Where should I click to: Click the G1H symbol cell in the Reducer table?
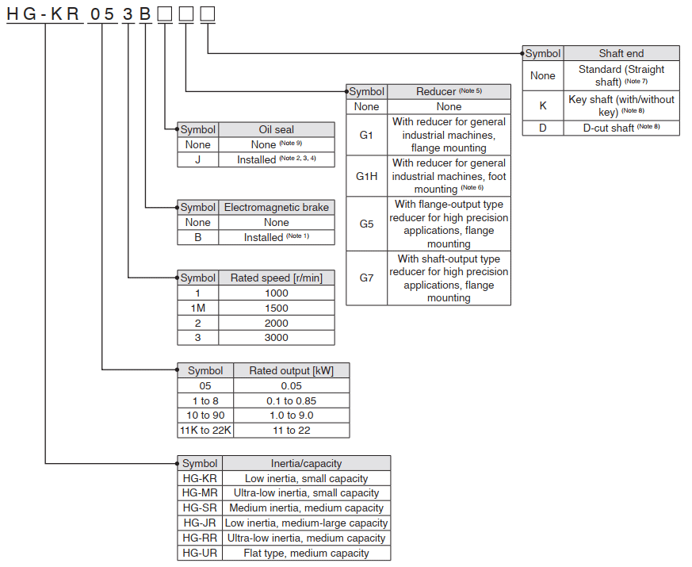click(366, 176)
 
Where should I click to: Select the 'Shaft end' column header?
click(621, 53)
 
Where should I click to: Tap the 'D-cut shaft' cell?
click(621, 128)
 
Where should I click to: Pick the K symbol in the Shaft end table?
click(542, 105)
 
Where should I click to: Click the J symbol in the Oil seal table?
click(197, 159)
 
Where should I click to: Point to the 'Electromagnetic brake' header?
click(276, 207)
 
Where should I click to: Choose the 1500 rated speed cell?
click(276, 308)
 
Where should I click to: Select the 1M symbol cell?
click(197, 308)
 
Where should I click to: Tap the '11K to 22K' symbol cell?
click(205, 431)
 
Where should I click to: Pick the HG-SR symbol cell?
click(199, 508)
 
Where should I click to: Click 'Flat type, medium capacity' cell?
click(306, 554)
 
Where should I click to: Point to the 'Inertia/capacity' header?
click(306, 463)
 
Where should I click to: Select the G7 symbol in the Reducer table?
click(366, 278)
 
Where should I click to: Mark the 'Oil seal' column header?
click(276, 129)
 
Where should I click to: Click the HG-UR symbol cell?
click(199, 554)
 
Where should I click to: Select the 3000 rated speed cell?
click(276, 338)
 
